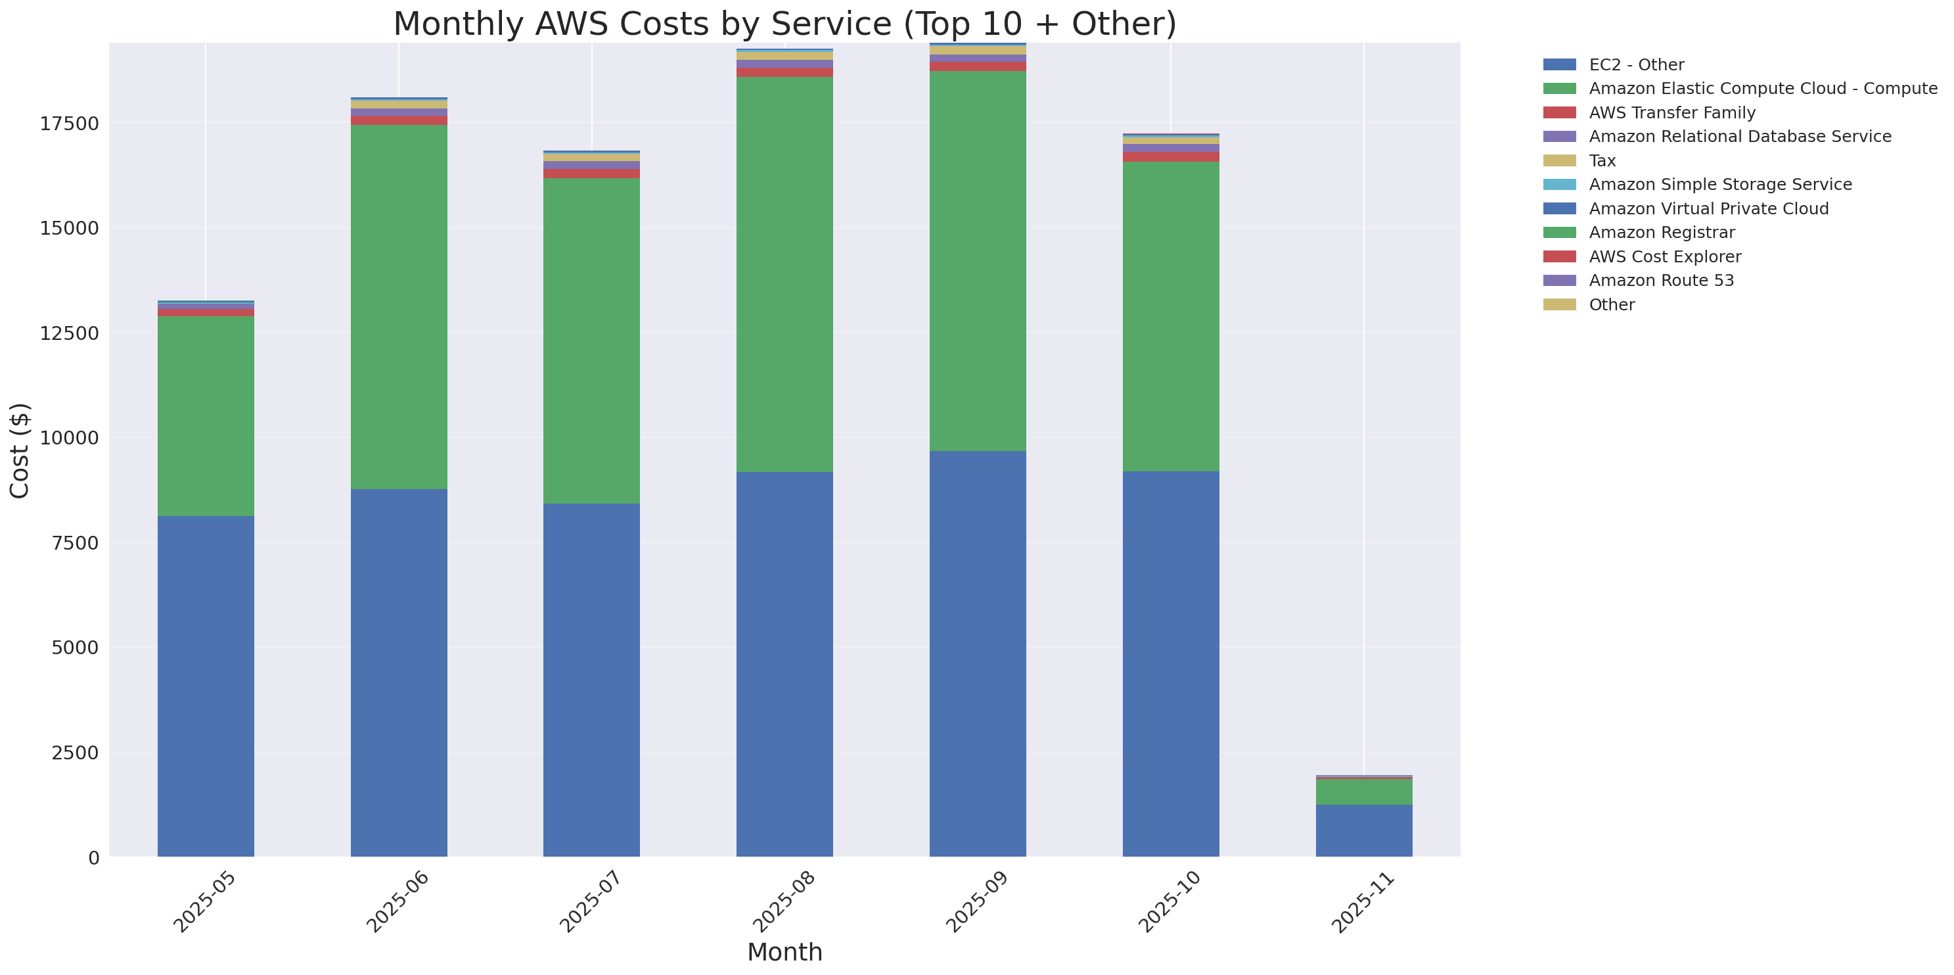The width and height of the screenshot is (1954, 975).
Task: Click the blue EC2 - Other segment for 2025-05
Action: coord(206,686)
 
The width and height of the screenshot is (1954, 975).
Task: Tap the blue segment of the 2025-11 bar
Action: coord(1363,830)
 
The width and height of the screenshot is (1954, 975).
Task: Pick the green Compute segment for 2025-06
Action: coord(398,306)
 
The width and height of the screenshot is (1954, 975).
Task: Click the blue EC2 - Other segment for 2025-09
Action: coord(977,654)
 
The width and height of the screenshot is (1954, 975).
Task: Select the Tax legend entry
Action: coord(1602,161)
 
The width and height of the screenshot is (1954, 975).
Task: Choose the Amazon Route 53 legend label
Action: coord(1660,281)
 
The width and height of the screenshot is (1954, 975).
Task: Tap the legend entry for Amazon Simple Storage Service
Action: coord(1719,184)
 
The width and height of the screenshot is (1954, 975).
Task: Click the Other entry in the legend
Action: coord(1611,305)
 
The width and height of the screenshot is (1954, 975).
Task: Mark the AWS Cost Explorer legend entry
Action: coord(1664,256)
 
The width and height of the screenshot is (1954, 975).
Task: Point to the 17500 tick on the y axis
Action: coord(69,124)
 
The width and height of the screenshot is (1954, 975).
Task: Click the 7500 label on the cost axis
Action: coord(74,543)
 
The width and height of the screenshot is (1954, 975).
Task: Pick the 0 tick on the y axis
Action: coord(93,857)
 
